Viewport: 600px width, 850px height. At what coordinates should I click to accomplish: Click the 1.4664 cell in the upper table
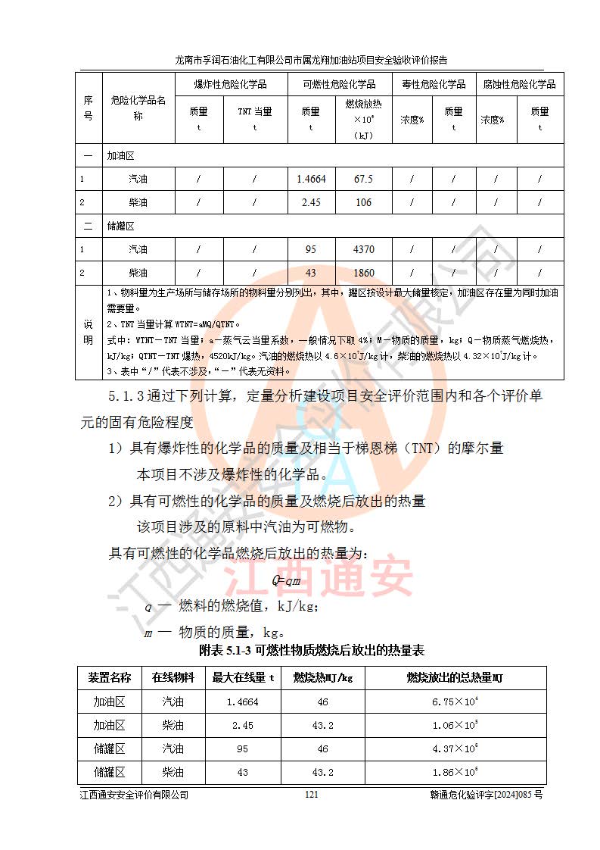tap(311, 180)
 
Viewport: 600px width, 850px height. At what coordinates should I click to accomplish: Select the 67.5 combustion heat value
tap(363, 180)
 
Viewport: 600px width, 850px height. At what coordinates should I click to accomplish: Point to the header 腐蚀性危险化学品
tap(520, 84)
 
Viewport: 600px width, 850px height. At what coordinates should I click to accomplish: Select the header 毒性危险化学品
tap(434, 84)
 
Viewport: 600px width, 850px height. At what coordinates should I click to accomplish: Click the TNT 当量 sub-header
tap(255, 111)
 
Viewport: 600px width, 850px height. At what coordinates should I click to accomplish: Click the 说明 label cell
tap(88, 332)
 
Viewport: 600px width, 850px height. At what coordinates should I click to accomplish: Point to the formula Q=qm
tap(288, 580)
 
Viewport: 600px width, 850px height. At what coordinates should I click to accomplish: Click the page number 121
tap(310, 795)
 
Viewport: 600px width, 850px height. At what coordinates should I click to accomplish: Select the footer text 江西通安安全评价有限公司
tap(134, 795)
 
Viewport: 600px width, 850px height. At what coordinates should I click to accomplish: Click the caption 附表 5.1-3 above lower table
tap(311, 650)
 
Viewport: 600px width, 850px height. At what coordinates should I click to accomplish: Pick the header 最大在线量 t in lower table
tap(242, 677)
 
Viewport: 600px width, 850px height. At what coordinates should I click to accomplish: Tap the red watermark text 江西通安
tap(337, 578)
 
